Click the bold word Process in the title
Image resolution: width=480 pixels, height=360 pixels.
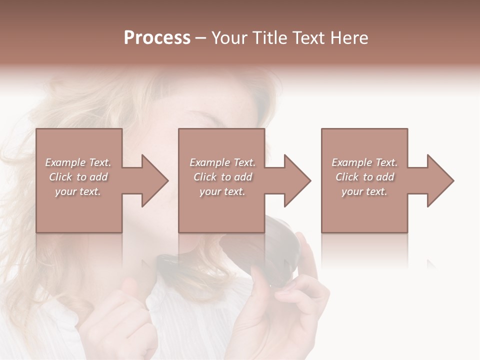point(157,38)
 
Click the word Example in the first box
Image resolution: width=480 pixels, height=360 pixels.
point(65,162)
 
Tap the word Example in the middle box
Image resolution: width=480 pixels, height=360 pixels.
point(209,162)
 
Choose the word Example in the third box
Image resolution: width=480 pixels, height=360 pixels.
point(351,162)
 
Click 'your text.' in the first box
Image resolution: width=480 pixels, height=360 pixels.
point(78,191)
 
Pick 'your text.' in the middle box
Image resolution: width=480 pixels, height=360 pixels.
point(222,191)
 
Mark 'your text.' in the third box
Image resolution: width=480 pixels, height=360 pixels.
point(364,191)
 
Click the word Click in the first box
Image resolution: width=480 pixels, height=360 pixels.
point(60,177)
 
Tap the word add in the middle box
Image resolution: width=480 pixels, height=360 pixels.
point(243,177)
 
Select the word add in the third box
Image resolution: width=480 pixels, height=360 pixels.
point(385,177)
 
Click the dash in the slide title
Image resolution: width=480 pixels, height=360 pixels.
point(201,38)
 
